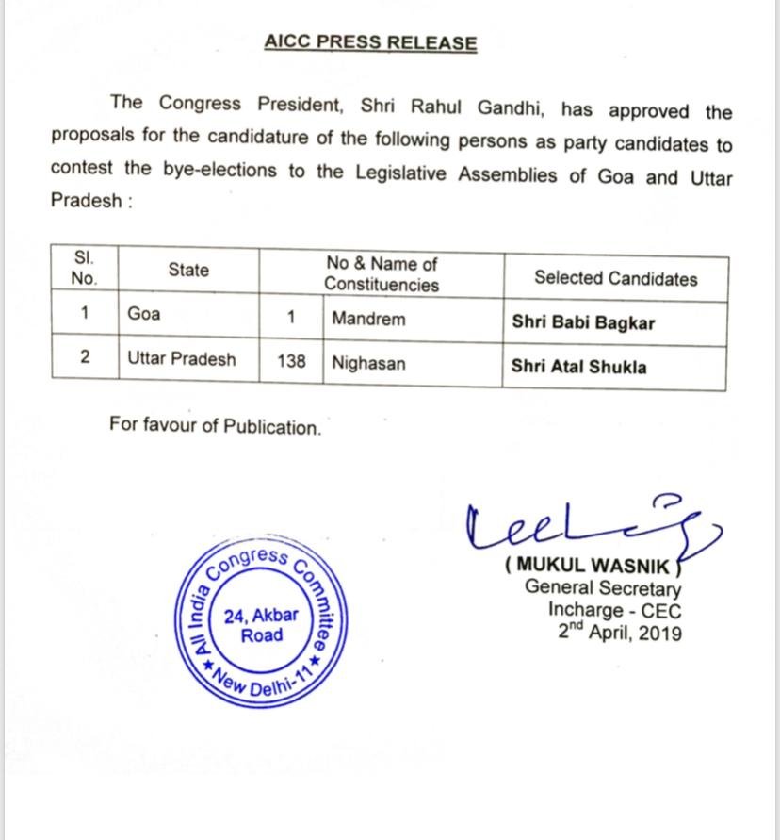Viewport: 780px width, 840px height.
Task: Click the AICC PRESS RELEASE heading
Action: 370,43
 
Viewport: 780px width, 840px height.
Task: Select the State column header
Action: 188,271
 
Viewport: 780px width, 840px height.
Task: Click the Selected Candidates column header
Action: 615,278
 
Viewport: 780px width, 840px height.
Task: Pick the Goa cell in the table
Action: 144,314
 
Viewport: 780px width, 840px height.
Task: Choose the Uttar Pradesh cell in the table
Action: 182,359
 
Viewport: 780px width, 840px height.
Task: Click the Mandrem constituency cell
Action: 368,319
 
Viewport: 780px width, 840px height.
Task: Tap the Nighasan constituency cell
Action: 368,362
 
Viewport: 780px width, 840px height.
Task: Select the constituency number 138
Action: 291,361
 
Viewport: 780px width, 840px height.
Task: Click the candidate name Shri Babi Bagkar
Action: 583,323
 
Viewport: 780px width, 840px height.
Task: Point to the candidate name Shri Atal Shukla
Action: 578,368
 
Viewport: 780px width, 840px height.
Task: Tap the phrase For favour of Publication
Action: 215,427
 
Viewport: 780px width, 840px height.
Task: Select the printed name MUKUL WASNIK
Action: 591,566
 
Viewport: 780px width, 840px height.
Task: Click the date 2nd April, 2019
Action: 619,633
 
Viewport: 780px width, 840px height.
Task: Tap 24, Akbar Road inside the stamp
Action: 261,625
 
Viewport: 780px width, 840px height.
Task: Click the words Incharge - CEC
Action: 614,610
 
